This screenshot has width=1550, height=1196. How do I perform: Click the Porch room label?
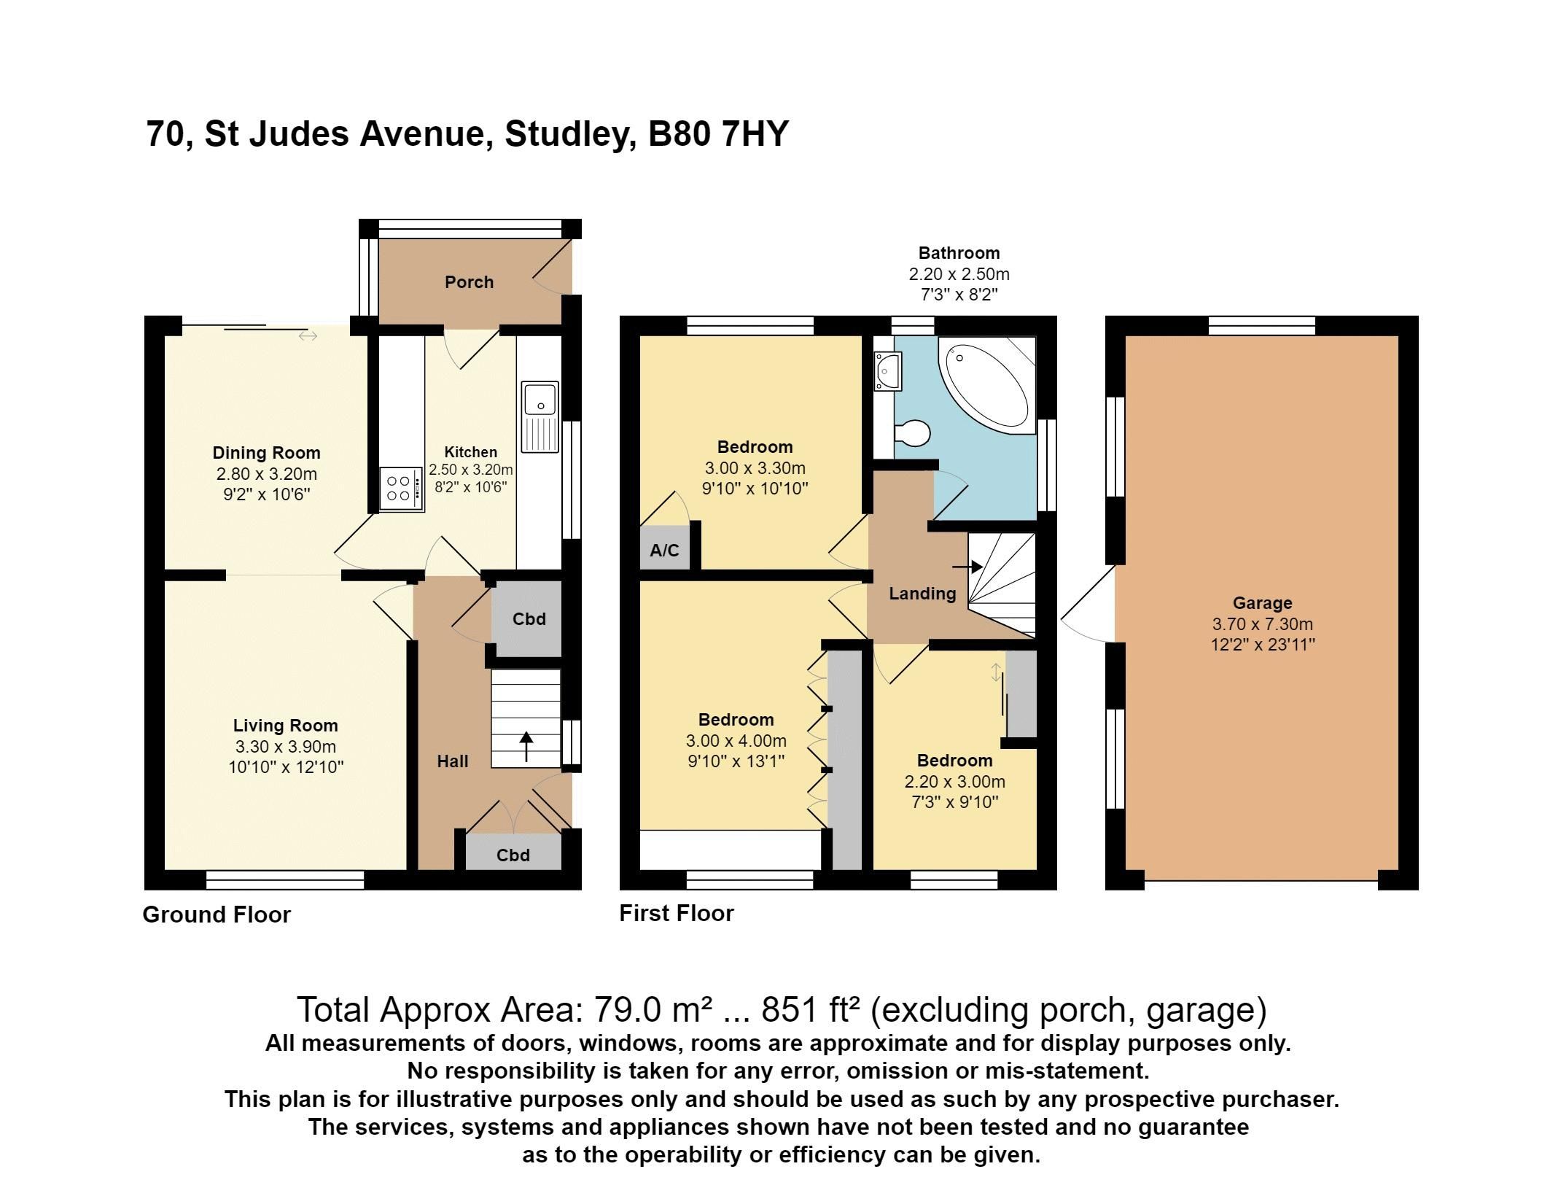click(469, 282)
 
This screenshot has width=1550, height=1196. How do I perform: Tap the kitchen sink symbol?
click(540, 416)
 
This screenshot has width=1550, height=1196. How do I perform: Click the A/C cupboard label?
click(664, 550)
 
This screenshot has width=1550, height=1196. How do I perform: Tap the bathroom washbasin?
click(889, 370)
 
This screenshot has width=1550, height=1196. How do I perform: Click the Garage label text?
click(1262, 603)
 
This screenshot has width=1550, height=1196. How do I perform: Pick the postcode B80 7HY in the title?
click(718, 134)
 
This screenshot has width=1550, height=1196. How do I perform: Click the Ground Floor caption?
click(217, 915)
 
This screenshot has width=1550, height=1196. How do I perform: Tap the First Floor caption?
click(676, 913)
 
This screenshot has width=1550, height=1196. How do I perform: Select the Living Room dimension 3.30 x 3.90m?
click(285, 746)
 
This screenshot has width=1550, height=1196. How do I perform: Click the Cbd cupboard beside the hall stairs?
click(529, 619)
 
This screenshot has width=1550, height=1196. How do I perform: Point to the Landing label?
click(922, 594)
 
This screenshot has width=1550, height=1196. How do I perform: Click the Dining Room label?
click(266, 453)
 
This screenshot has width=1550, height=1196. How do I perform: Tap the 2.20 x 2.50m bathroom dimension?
click(958, 274)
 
